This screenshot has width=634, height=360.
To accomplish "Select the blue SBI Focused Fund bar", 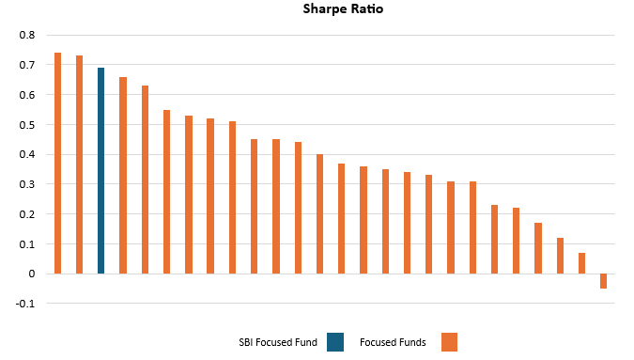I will coord(101,170).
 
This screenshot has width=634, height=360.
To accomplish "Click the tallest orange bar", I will coord(57,163).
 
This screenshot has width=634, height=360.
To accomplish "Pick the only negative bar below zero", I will coord(603,281).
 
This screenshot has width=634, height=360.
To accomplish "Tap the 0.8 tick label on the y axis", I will coord(26,36).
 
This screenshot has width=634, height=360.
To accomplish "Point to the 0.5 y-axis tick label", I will coord(26,125).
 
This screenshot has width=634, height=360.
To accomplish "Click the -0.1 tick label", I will coord(25,304).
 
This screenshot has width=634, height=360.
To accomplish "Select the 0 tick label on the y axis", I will coord(31,274).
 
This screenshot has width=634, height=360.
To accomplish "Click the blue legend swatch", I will coord(335,342).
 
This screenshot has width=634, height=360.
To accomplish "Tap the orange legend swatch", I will coord(448,342).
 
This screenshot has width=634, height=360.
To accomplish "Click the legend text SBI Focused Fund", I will coord(278,342).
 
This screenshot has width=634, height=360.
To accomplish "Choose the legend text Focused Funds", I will coord(393,342).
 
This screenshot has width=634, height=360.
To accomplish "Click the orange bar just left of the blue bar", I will coord(79,164).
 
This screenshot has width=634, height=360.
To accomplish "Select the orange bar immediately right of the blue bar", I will coord(123,176).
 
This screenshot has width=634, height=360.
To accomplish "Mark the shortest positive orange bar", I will coord(581,263).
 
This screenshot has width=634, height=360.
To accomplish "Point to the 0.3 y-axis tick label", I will coord(26,184).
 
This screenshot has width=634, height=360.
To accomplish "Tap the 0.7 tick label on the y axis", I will coord(26,66).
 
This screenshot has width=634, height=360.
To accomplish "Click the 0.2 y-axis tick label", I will coord(26,214).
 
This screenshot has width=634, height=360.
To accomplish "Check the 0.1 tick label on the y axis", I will coord(26,244).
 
